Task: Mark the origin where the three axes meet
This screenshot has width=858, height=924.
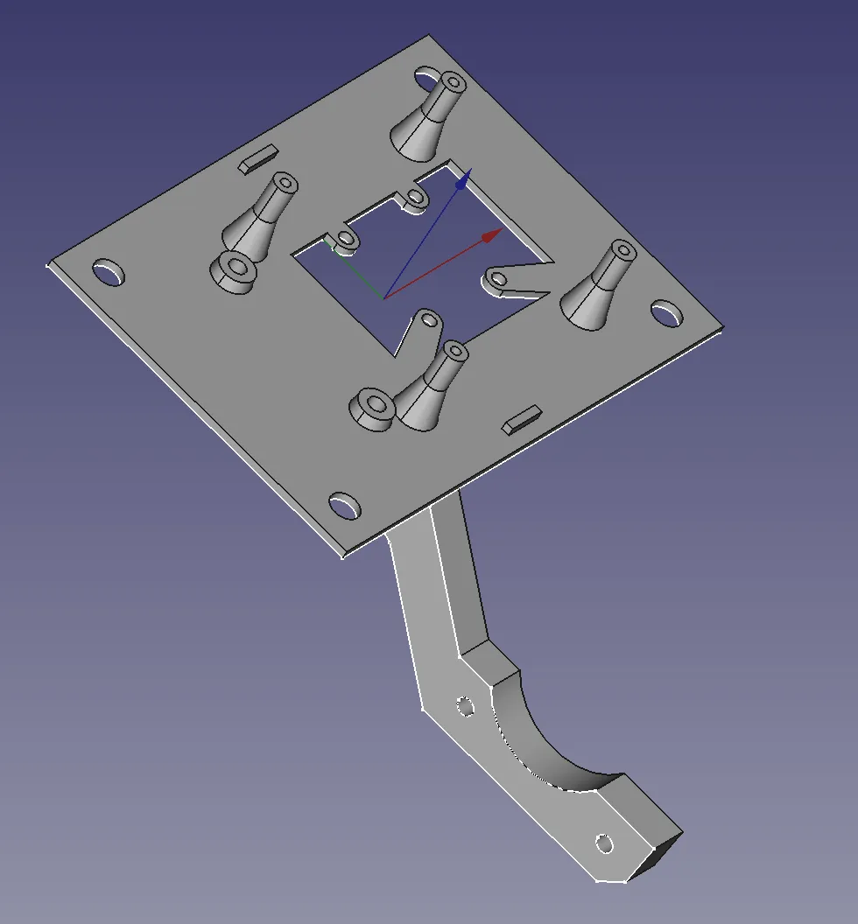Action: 383,298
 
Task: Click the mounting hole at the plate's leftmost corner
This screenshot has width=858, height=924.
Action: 109,272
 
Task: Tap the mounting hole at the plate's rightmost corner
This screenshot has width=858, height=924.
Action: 666,313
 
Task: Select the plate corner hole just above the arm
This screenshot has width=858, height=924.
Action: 344,506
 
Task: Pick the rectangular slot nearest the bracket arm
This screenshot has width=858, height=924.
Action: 523,419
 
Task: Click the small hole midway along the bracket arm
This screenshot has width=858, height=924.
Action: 465,704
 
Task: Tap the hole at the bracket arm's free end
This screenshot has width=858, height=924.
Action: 603,843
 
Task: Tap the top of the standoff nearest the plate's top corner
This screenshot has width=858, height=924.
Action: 453,83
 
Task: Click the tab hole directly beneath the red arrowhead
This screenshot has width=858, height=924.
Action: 497,279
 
